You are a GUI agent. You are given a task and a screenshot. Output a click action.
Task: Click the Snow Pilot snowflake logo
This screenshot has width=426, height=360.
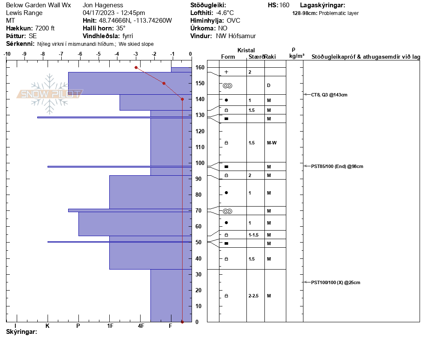click(50, 94)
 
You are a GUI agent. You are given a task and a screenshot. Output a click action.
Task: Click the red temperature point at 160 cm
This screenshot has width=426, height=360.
click(136, 67)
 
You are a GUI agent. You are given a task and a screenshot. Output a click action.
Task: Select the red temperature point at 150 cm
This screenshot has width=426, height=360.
click(164, 83)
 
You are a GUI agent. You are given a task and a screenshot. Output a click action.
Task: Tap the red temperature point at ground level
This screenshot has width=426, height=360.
click(182, 322)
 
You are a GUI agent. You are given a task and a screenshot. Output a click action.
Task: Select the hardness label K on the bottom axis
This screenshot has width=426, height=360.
click(48, 326)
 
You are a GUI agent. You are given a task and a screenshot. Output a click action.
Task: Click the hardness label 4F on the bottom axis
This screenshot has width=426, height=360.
click(141, 326)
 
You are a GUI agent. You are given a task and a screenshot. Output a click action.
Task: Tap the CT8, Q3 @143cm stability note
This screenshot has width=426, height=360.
click(329, 94)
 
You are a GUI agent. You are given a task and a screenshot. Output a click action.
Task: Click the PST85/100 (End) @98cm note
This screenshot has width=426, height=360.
click(337, 166)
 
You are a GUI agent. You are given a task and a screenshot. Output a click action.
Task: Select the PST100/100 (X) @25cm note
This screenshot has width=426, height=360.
click(336, 282)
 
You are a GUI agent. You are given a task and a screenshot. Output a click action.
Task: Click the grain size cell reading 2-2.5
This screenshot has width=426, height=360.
click(254, 296)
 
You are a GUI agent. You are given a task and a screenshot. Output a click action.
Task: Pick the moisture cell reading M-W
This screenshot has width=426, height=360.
click(271, 143)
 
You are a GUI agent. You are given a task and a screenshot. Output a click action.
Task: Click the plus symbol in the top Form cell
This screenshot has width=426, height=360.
click(226, 72)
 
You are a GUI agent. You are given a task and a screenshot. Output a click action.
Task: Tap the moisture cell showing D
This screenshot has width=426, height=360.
click(269, 85)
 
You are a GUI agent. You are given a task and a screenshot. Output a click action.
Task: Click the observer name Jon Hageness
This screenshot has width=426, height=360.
click(103, 5)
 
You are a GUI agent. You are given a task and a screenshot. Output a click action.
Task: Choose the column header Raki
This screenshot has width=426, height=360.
click(270, 57)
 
